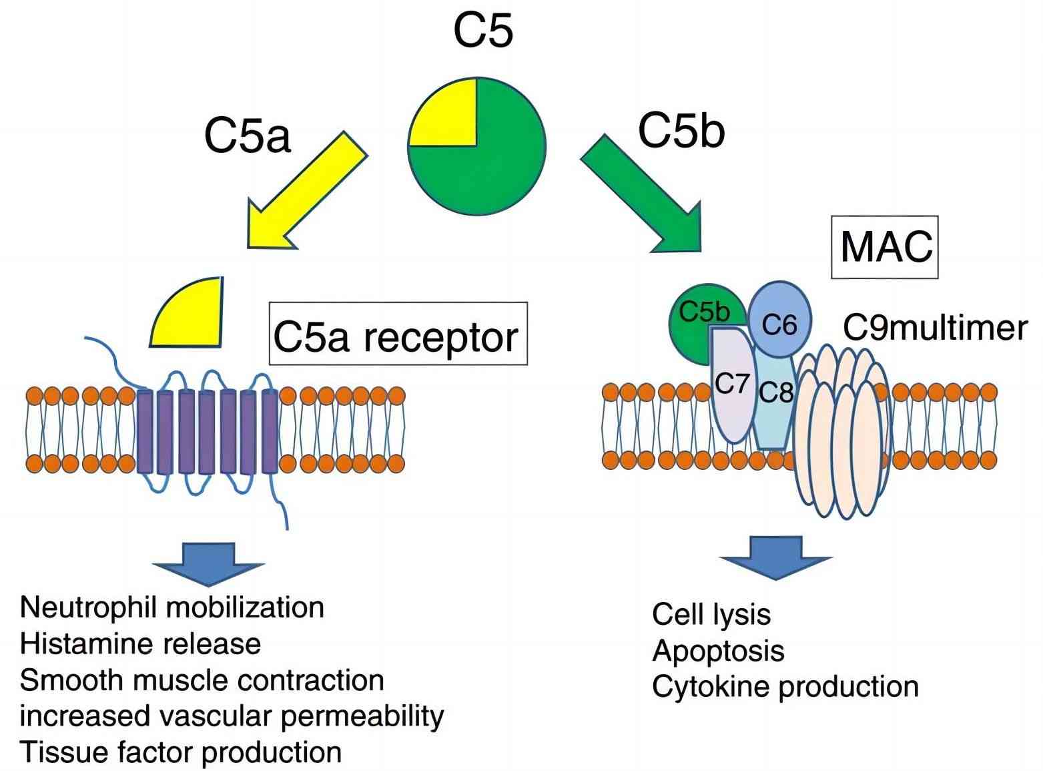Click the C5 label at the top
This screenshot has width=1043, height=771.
pos(483,31)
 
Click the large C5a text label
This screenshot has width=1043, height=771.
pos(247,136)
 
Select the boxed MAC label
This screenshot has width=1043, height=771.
pos(884,247)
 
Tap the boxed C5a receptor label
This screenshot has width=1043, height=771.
pos(398,336)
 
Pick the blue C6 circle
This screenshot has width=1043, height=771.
pos(779,320)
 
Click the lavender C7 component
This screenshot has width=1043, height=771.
pos(732,387)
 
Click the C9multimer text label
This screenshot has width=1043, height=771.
pos(934,328)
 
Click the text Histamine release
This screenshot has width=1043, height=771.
pos(140,644)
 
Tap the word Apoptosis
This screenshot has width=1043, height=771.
pos(718,650)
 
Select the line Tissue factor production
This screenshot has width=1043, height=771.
pos(180,752)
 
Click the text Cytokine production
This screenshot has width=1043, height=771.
pos(785,686)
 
